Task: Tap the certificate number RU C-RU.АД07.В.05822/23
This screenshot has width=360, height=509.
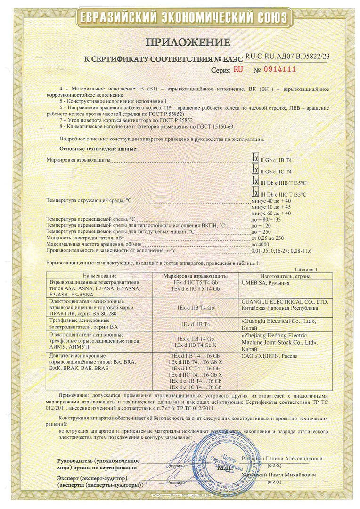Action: click(287, 57)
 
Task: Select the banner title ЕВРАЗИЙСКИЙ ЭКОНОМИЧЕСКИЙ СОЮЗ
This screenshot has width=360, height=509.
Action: click(180, 17)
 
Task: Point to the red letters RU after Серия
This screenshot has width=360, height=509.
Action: click(238, 69)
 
